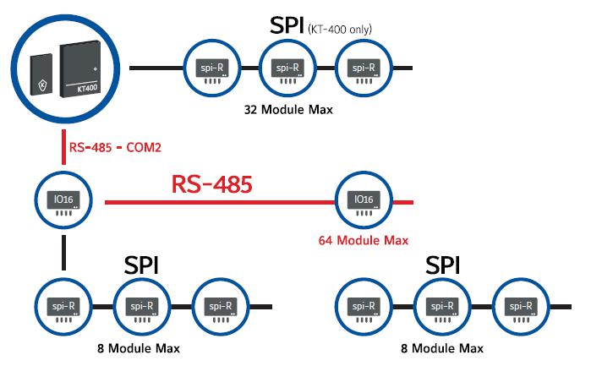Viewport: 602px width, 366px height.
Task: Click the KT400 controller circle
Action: [66, 66]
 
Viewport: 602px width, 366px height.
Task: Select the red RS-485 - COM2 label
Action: [116, 147]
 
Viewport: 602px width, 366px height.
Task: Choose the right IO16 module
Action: [363, 203]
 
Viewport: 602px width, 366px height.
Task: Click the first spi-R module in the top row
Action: [211, 68]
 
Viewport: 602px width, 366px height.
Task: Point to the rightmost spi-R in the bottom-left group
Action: [219, 308]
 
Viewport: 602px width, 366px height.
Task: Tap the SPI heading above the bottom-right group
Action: [443, 266]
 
